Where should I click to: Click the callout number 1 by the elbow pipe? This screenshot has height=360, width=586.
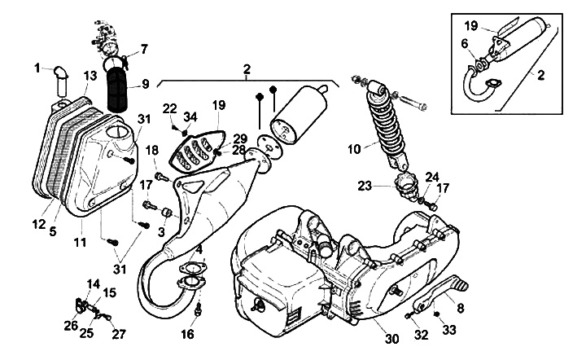click(x=37, y=68)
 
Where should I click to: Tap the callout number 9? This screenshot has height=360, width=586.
click(x=146, y=82)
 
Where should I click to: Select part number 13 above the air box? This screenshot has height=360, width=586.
click(x=90, y=76)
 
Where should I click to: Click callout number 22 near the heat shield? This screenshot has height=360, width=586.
click(x=170, y=108)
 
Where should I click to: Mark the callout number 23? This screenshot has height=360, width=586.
click(x=364, y=185)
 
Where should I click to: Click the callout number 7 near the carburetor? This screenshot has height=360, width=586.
click(x=145, y=50)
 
